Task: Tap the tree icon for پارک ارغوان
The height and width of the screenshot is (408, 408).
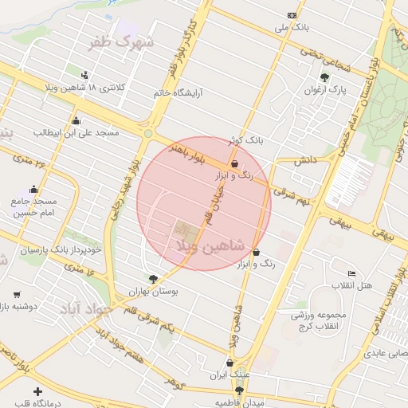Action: coord(324,77)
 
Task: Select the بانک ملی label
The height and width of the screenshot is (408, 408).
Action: coord(291,28)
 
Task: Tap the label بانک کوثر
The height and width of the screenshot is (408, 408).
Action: coord(244,140)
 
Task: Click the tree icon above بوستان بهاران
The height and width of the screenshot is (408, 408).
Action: coord(153,279)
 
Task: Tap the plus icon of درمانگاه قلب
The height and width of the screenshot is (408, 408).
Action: coord(38,391)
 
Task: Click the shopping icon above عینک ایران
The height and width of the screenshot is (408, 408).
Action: coord(229,362)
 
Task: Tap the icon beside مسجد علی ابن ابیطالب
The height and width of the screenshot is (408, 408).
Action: coord(76,121)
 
